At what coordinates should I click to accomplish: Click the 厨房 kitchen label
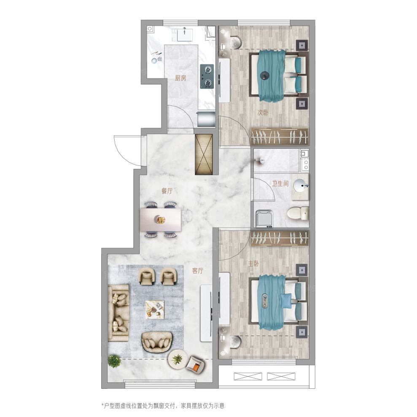(x=180, y=78)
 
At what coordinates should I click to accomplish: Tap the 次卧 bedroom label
(x=263, y=113)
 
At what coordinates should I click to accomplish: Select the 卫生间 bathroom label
(x=280, y=183)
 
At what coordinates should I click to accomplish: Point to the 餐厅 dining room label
(x=167, y=191)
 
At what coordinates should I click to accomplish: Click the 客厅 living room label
(x=198, y=271)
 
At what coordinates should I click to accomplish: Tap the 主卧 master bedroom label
(x=253, y=264)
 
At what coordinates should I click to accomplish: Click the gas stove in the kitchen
(x=207, y=77)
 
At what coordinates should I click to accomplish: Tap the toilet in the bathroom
(x=298, y=213)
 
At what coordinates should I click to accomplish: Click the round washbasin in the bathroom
(x=301, y=185)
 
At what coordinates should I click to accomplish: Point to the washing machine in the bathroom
(x=264, y=218)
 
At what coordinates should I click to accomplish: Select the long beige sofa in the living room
(x=118, y=313)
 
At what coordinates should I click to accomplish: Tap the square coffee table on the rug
(x=155, y=309)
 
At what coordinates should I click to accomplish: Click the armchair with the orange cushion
(x=196, y=364)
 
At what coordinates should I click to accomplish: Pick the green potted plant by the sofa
(x=114, y=361)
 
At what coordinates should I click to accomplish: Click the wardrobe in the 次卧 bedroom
(x=280, y=137)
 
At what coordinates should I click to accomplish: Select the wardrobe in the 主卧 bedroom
(x=280, y=238)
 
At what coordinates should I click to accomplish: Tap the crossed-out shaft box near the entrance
(x=204, y=154)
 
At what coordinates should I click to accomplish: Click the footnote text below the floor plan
(x=163, y=406)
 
